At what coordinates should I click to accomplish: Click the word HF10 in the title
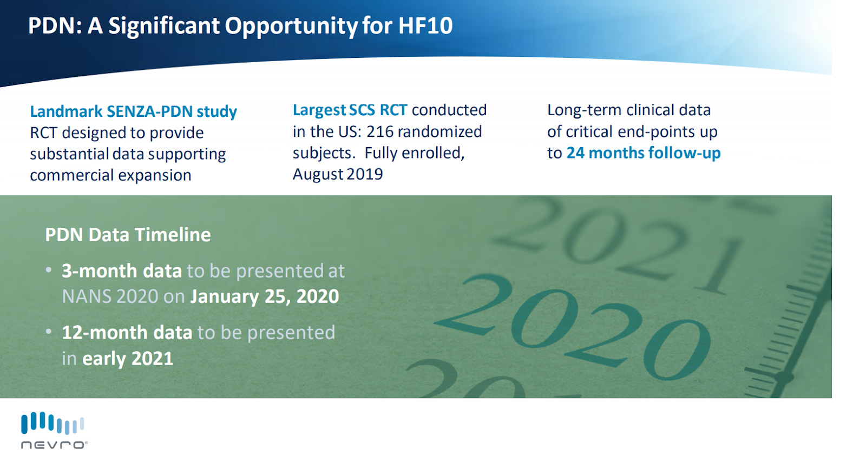pos(425,25)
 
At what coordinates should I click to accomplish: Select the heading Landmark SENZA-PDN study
pos(133,111)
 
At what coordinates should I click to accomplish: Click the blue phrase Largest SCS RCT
pos(350,110)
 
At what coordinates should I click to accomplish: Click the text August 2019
pos(338,174)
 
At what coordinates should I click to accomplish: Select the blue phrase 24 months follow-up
pos(644,153)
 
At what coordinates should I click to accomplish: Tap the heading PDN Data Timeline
pos(128,235)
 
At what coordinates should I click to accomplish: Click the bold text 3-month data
pos(122,271)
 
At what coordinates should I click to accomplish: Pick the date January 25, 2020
pos(265,296)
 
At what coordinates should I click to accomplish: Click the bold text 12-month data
pos(127,333)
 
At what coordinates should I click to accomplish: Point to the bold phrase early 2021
pos(128,359)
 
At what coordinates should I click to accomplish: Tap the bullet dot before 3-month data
pos(49,269)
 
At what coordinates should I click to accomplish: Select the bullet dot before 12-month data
pos(49,332)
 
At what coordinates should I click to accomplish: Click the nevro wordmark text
pos(54,445)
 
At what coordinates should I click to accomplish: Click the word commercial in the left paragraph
pos(71,175)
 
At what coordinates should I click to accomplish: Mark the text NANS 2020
pos(110,296)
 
